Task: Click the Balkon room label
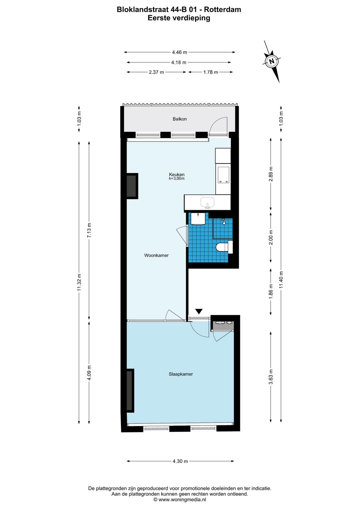(x=180, y=119)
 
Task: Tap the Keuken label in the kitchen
(x=177, y=174)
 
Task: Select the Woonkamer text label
(x=156, y=256)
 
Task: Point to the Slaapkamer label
(x=181, y=374)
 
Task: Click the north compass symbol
(x=272, y=61)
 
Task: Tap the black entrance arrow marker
(x=199, y=312)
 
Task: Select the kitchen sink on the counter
(x=207, y=202)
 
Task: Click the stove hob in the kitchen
(x=223, y=175)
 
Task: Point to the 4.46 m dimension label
(x=179, y=52)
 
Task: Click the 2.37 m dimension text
(x=156, y=72)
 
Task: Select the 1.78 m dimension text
(x=211, y=72)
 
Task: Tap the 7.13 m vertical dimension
(x=89, y=230)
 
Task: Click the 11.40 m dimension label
(x=281, y=280)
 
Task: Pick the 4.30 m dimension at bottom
(x=180, y=461)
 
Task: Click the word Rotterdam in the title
(x=222, y=10)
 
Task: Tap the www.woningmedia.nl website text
(x=182, y=500)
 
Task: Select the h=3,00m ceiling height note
(x=177, y=179)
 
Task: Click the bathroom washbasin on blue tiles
(x=198, y=219)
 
